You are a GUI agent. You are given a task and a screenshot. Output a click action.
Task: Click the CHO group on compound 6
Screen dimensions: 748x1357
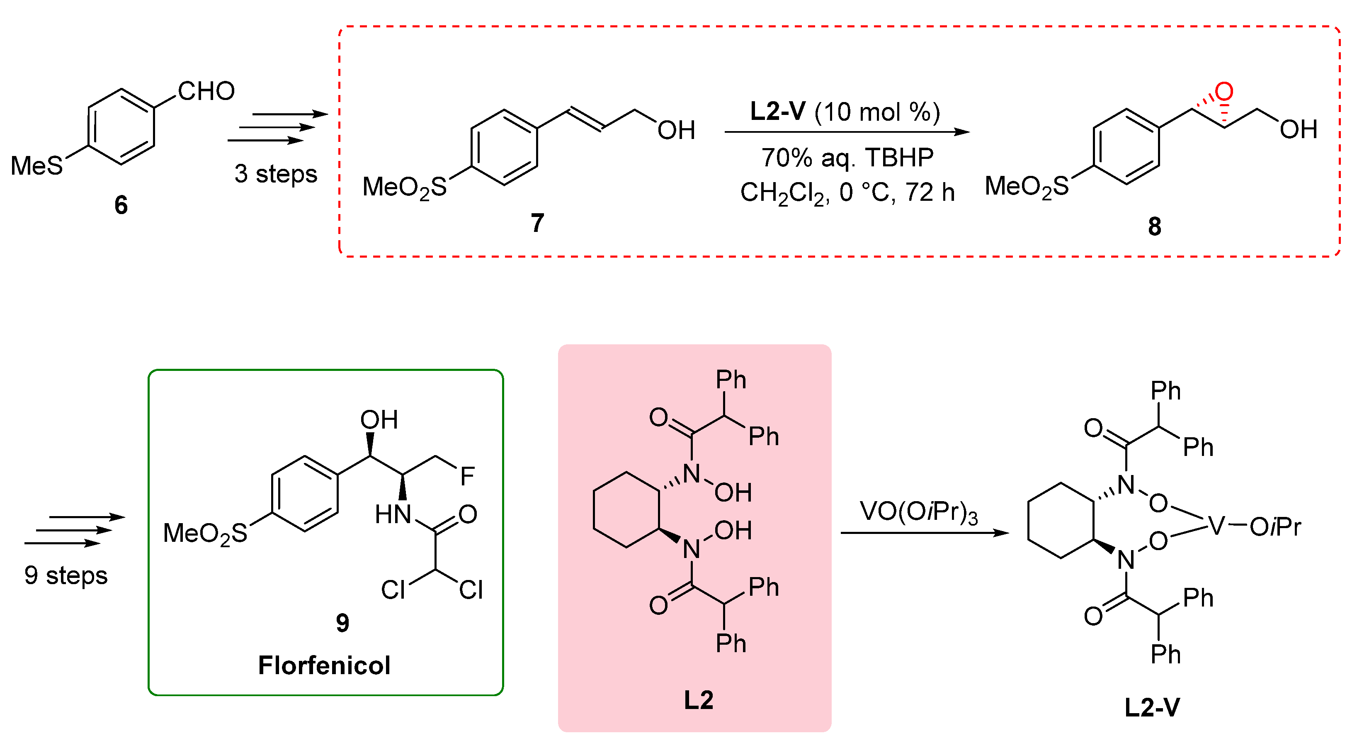[x=206, y=91]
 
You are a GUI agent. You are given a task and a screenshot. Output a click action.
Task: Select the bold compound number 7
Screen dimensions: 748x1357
[x=537, y=223]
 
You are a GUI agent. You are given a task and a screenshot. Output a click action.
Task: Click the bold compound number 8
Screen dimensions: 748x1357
[x=1154, y=227]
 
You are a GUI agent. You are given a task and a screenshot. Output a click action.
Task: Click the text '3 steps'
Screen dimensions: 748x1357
[x=276, y=174]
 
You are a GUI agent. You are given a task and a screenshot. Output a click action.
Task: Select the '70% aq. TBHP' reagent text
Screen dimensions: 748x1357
[x=847, y=157]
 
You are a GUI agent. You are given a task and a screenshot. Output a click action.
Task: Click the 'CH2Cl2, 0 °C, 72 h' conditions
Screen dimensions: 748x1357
[x=847, y=192]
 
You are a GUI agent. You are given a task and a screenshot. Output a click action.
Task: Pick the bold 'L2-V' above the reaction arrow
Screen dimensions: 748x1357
[x=777, y=111]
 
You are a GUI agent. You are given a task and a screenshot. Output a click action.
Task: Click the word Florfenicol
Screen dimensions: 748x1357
[x=324, y=665]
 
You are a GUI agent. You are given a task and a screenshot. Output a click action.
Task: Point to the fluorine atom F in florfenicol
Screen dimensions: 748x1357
[x=467, y=476]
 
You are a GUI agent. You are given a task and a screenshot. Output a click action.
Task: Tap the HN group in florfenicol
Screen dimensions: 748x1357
[x=393, y=514]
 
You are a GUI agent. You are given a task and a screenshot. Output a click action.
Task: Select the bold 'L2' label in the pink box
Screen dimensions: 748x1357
[x=699, y=700]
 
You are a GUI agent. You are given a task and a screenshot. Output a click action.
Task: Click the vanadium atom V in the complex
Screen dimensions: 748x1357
[x=1216, y=526]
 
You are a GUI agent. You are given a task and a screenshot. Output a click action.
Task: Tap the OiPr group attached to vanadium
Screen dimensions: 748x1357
[x=1275, y=526]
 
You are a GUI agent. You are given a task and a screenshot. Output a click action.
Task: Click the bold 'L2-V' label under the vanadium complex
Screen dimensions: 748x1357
[x=1152, y=707]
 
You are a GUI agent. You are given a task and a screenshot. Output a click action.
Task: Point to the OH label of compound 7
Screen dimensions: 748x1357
[x=676, y=130]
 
